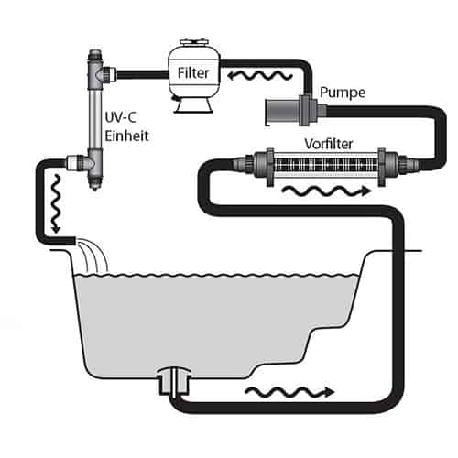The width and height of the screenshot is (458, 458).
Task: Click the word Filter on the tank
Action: point(193,73)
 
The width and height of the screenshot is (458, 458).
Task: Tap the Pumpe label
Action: point(343,93)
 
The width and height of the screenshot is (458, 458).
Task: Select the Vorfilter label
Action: point(329,144)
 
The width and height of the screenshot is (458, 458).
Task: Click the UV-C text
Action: point(121,117)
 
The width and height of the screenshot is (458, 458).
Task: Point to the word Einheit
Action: point(126,136)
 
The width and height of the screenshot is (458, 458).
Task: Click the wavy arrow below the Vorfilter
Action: point(326,191)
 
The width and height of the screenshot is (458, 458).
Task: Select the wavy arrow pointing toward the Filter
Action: point(260,75)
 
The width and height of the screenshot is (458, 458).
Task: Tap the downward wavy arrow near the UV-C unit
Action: point(56,204)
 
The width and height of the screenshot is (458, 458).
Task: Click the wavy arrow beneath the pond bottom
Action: point(289,392)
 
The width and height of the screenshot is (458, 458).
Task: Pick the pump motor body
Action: point(281,112)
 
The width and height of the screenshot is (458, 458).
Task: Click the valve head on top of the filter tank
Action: point(193,42)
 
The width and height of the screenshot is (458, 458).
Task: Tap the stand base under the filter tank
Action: point(193,105)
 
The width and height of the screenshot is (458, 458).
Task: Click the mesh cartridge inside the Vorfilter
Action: point(325,167)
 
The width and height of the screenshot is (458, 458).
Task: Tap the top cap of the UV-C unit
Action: point(95,55)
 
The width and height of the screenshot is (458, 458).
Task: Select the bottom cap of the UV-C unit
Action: point(95,184)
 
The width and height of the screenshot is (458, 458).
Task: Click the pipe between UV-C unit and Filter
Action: point(142,75)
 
